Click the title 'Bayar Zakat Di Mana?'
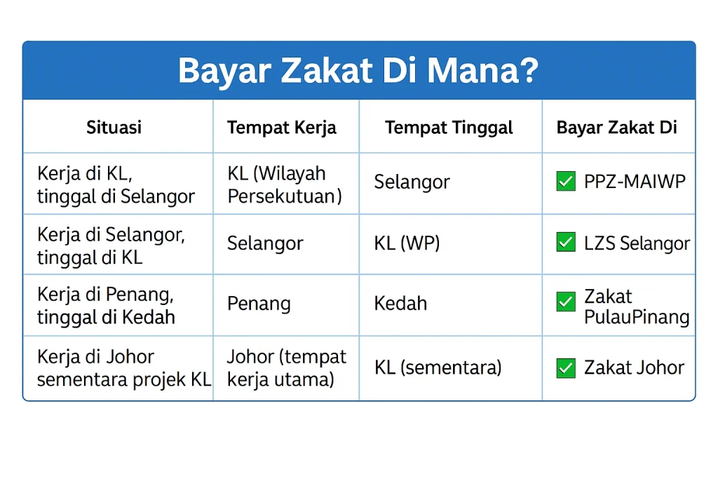tap(358, 71)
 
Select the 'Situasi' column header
tap(114, 127)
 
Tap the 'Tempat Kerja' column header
tap(281, 127)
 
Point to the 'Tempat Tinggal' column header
tap(449, 127)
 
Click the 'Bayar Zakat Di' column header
tap(616, 127)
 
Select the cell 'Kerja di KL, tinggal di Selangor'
tap(116, 185)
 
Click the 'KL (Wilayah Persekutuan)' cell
tap(285, 185)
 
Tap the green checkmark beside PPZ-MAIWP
tap(565, 182)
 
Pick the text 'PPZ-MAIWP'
tap(635, 182)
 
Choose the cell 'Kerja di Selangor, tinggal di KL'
tap(111, 245)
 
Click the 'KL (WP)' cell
tap(407, 243)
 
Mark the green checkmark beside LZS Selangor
tap(565, 243)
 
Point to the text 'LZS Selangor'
tap(637, 243)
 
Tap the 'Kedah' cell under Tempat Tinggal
tap(400, 304)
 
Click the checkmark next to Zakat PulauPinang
tap(565, 302)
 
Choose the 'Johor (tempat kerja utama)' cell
tap(286, 367)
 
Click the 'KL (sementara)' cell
tap(438, 367)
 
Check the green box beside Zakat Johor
tap(565, 367)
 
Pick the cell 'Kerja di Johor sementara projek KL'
tap(123, 367)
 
